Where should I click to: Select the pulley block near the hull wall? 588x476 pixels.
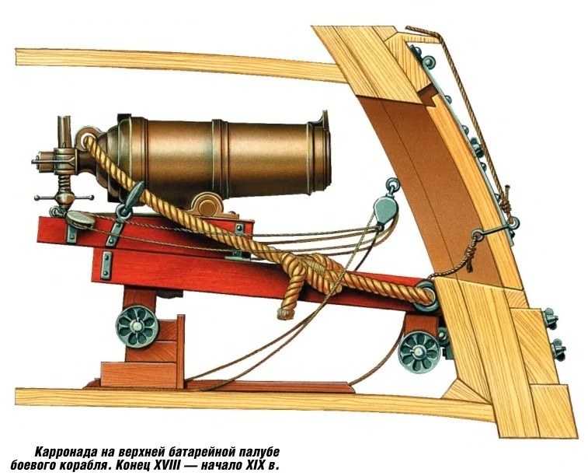click(381, 210)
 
